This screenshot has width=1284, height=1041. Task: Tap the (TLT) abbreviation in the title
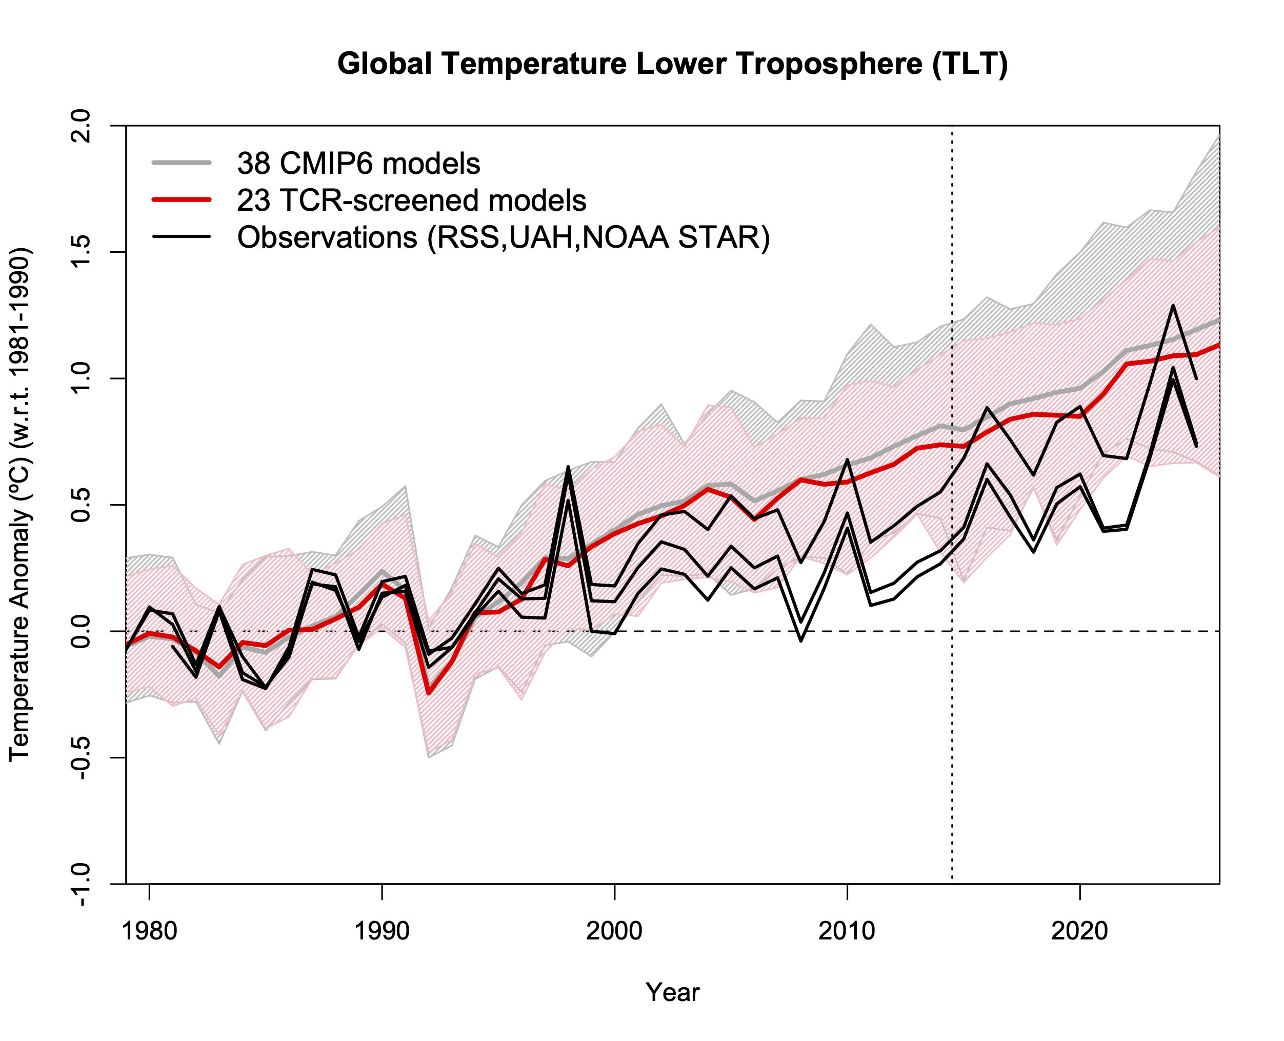(970, 64)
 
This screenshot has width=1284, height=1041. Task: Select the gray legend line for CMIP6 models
(181, 163)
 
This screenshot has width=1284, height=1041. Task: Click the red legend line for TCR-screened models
(181, 199)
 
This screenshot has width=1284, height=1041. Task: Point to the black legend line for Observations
(181, 237)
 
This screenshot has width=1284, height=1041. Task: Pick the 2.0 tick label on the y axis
(81, 126)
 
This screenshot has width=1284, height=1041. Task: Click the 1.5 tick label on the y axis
(81, 252)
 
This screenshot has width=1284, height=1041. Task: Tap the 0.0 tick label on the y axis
(81, 631)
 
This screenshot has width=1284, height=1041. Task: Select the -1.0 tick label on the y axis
(81, 883)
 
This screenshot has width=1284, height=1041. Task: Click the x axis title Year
(672, 992)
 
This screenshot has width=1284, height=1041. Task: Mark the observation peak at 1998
(568, 467)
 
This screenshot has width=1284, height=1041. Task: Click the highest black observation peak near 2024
(1172, 306)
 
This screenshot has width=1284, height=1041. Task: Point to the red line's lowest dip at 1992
(428, 694)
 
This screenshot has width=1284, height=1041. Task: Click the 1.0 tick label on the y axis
(81, 378)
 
